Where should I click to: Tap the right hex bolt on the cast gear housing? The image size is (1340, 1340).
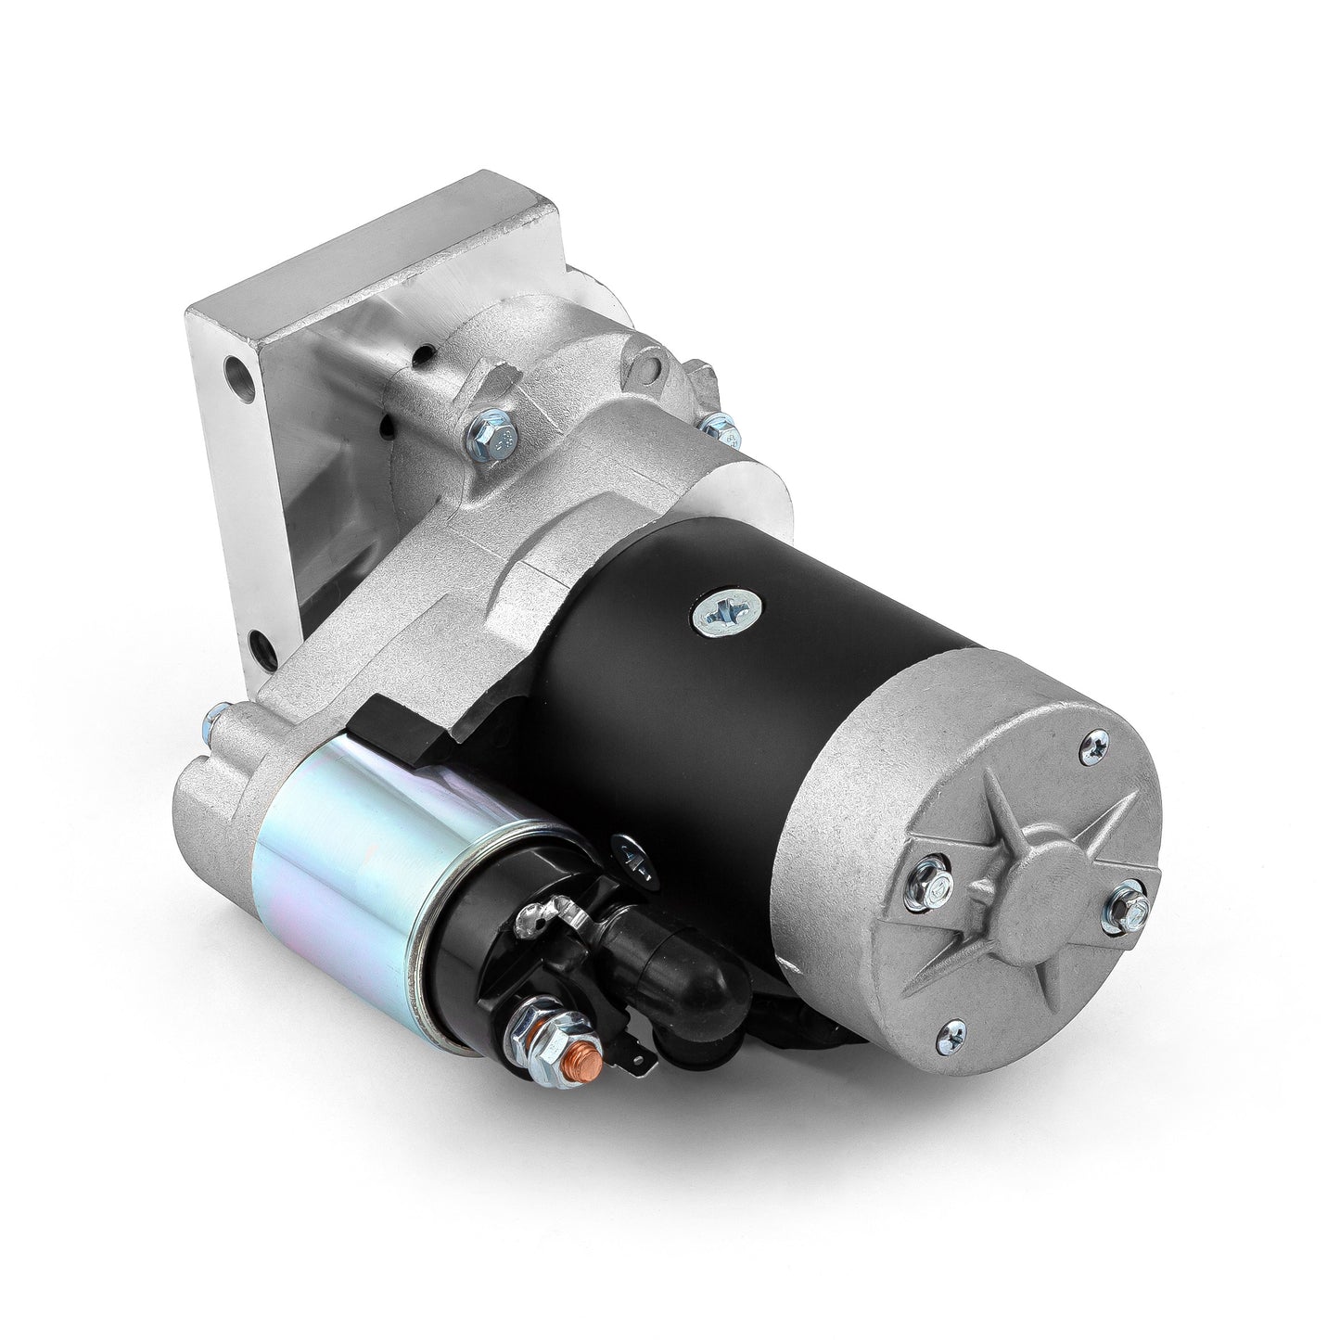pos(715,428)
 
